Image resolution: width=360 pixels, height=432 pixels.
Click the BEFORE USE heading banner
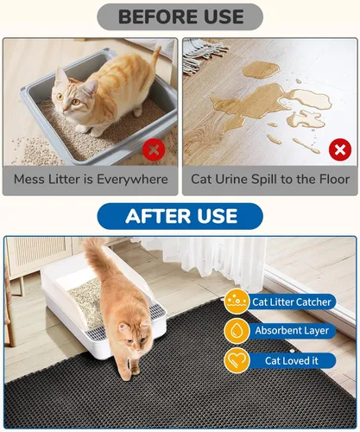pyautogui.click(x=180, y=16)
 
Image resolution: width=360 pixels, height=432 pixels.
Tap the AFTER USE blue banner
pyautogui.click(x=180, y=216)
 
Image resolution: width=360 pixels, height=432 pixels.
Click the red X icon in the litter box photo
pyautogui.click(x=154, y=149)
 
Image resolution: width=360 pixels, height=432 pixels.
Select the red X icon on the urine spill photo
pyautogui.click(x=340, y=149)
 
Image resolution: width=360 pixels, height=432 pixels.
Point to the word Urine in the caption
pyautogui.click(x=232, y=179)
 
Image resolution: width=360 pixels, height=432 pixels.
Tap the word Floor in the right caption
pyautogui.click(x=335, y=179)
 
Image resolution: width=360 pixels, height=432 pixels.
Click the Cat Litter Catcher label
pyautogui.click(x=292, y=302)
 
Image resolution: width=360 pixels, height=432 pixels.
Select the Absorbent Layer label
pyautogui.click(x=292, y=330)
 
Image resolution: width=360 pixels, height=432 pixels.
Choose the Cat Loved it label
pyautogui.click(x=292, y=360)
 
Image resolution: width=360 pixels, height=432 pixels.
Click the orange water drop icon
pyautogui.click(x=237, y=331)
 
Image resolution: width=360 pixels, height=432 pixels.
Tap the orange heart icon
pyautogui.click(x=237, y=360)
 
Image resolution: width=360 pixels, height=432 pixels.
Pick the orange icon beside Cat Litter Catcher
pyautogui.click(x=237, y=302)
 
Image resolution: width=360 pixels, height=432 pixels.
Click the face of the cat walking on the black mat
pyautogui.click(x=133, y=338)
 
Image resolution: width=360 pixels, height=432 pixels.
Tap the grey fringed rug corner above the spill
pyautogui.click(x=201, y=54)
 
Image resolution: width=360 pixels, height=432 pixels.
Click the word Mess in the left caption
pyautogui.click(x=29, y=179)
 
